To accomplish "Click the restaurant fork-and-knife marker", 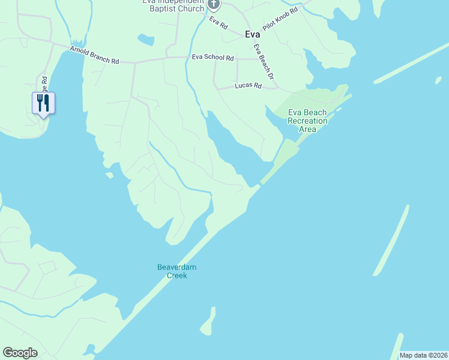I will point(43,103).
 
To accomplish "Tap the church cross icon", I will point(214,4).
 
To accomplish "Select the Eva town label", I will point(253,34).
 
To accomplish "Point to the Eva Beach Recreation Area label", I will point(308,121).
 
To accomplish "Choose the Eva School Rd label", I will point(212,58).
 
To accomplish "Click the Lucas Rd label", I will point(249,86).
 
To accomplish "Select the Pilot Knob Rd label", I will point(280,20).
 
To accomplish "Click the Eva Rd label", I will point(219,23).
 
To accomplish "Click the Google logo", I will point(20,353).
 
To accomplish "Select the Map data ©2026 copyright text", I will point(424,355).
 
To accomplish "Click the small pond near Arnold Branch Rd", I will point(145,40).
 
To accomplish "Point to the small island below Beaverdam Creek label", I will point(208,323).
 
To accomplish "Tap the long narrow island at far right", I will point(392,240).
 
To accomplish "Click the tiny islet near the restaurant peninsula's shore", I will point(109,175).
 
